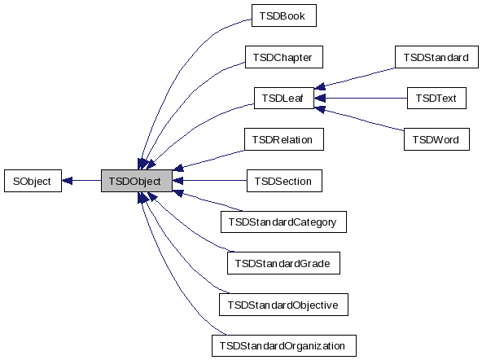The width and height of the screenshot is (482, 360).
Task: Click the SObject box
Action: coord(33,181)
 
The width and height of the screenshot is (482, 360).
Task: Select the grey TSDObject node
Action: coord(136,181)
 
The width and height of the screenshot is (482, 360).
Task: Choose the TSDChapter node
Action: coord(283,57)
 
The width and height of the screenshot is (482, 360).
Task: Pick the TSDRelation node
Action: coord(283,139)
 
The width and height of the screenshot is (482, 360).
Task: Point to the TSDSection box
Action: coord(283,181)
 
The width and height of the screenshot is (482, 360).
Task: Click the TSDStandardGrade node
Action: coord(283,263)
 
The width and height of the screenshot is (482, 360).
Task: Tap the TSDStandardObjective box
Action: coord(283,305)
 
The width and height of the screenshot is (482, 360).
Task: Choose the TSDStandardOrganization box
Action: coord(283,345)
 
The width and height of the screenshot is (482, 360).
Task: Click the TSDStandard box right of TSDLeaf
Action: coord(435,57)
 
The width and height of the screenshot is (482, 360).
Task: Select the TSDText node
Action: coord(435,99)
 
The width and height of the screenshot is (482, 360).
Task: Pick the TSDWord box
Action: coord(435,139)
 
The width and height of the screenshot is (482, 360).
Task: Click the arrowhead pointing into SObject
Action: coord(68,181)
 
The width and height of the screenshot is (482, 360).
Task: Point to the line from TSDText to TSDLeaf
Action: coord(366,99)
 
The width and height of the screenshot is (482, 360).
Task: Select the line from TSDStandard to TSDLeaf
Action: coord(358,76)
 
